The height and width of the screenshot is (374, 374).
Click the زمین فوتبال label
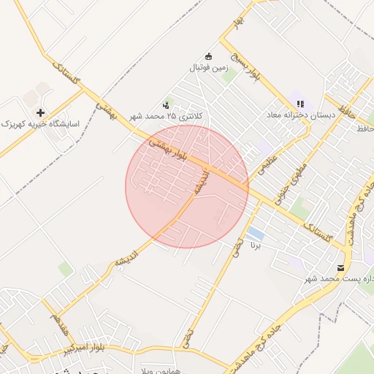pos(210,68)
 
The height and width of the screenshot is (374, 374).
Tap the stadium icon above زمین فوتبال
pos(208,56)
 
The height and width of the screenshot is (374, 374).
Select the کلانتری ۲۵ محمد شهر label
pos(167,116)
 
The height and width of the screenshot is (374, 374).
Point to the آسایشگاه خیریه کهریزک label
pos(39,125)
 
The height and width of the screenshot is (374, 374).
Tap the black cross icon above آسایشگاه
pos(40,112)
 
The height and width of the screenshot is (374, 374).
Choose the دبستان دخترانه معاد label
pos(301,115)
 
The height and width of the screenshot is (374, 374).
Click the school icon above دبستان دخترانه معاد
pos(300,103)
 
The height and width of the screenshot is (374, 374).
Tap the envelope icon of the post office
pos(341,268)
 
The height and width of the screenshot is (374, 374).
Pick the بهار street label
pos(237,23)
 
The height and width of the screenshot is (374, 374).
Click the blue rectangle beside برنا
pos(256,234)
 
